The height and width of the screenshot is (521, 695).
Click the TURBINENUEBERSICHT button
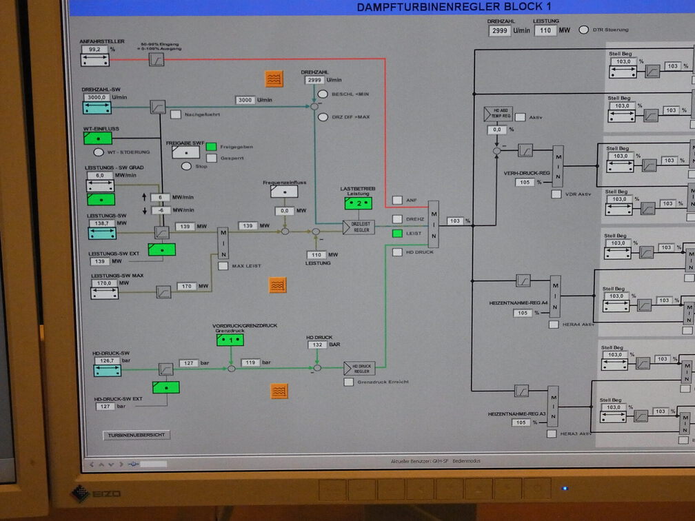[x=137, y=435]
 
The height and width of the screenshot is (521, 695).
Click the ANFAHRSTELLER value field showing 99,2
[x=94, y=50]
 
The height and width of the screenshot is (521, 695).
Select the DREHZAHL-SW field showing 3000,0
[x=97, y=97]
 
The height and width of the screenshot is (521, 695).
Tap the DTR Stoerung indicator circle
[x=584, y=30]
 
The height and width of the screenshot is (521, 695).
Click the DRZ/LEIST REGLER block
[x=359, y=227]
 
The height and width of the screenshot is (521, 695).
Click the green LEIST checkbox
[x=397, y=234]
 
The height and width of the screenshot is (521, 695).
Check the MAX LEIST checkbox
[x=223, y=265]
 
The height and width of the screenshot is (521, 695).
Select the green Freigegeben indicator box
[x=212, y=146]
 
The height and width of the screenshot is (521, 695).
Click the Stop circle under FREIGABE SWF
[x=186, y=165]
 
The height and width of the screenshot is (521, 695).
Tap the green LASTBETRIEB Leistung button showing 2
[x=359, y=203]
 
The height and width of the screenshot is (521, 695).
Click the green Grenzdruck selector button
[x=230, y=340]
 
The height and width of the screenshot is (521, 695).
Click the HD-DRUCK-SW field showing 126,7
[x=106, y=360]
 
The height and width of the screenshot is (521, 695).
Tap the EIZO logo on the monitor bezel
[x=97, y=493]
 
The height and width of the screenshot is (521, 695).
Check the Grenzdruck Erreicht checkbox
[x=348, y=382]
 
